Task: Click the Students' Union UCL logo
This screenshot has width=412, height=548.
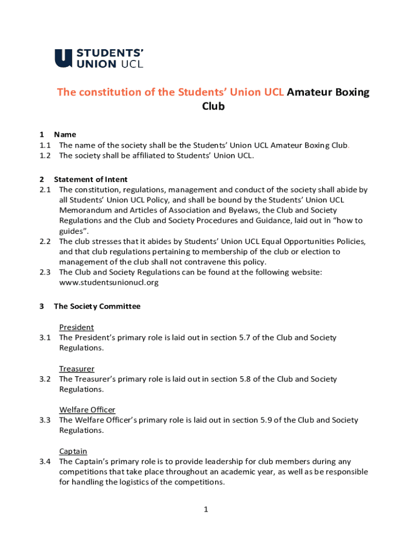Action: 99,58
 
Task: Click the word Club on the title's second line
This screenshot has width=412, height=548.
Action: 213,106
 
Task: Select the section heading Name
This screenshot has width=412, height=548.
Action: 65,134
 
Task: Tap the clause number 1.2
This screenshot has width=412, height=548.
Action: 44,155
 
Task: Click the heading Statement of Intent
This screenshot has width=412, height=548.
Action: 90,179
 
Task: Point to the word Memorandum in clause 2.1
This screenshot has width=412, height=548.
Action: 85,210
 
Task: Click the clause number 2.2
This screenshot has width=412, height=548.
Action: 44,241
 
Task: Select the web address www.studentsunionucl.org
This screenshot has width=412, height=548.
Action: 109,282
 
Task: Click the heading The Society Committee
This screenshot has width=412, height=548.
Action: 97,306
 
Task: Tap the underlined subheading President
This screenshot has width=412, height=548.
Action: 76,327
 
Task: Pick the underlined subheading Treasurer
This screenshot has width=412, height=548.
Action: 77,368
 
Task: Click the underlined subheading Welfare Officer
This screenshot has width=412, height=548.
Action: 87,409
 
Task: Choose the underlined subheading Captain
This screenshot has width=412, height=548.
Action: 73,451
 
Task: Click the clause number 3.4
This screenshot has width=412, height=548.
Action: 44,461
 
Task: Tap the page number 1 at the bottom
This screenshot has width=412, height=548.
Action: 205,509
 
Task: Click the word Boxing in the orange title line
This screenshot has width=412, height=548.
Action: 352,92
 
